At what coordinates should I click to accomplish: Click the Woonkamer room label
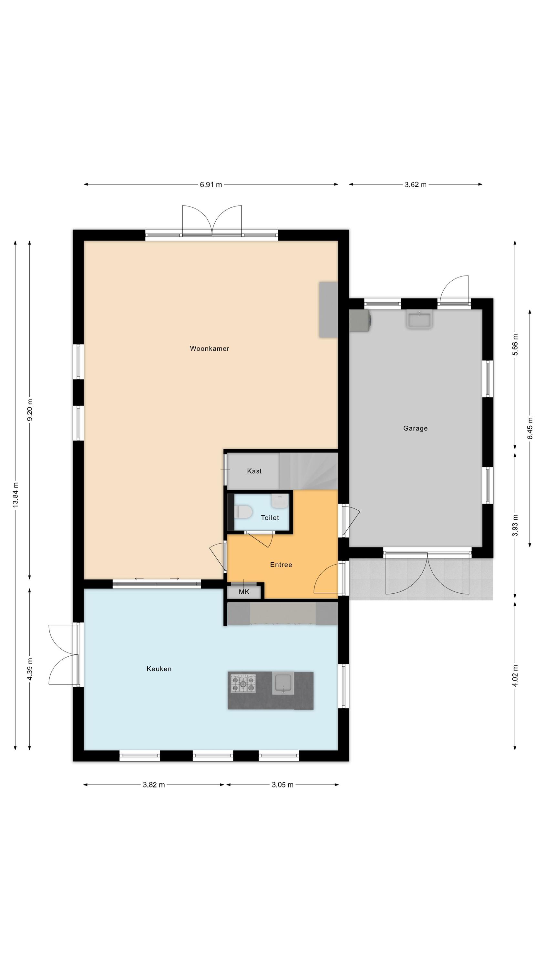coord(209,348)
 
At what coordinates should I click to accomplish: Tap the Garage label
coord(415,428)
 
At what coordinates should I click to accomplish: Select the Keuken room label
coord(159,669)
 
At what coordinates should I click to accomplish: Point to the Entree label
coord(281,565)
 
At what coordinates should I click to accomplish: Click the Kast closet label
coord(254,471)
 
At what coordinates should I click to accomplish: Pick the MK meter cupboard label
coord(244,592)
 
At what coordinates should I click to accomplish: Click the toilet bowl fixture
coord(243,512)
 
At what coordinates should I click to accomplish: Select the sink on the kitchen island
coord(283,683)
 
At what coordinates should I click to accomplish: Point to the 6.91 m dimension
coord(211,184)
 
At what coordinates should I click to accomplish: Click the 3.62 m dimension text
coord(416,184)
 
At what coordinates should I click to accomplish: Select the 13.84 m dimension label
coord(15,495)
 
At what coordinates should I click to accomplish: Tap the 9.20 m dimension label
coord(30,410)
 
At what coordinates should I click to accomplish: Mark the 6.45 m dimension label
coord(530,428)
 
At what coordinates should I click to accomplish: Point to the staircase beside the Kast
coord(308,471)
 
